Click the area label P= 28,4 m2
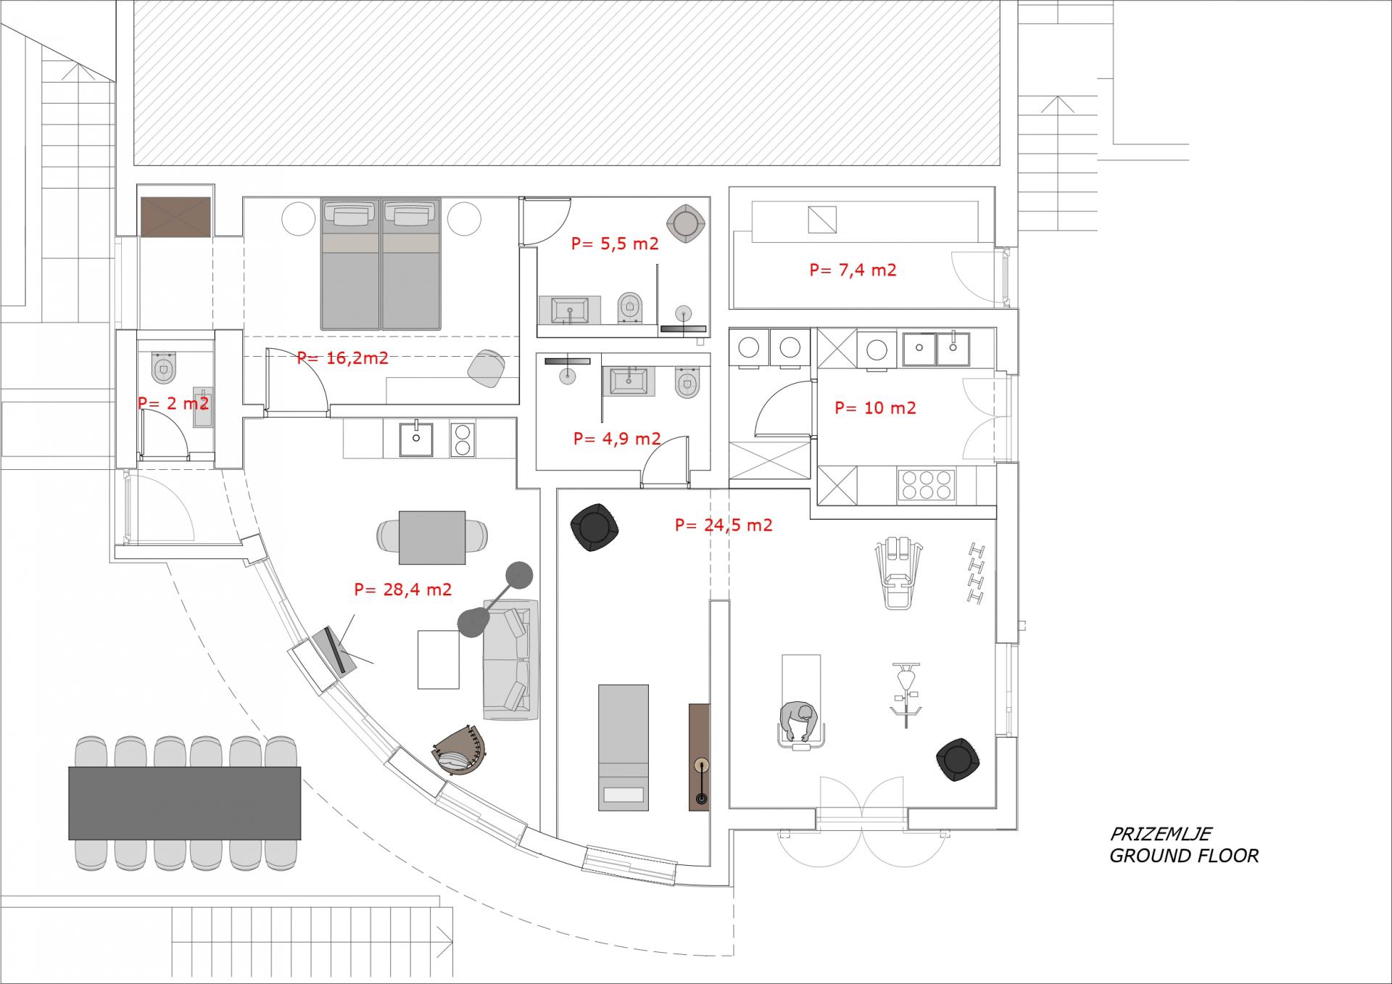(x=402, y=590)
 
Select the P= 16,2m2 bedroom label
(x=342, y=357)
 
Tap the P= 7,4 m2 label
(x=853, y=270)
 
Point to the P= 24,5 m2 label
(x=724, y=524)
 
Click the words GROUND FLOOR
(x=1184, y=856)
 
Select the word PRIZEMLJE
(x=1161, y=834)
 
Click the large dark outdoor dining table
(x=184, y=803)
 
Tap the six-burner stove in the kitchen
(x=927, y=485)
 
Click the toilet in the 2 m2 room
(x=165, y=367)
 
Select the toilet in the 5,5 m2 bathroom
(x=630, y=307)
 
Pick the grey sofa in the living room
(x=511, y=659)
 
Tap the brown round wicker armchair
(x=463, y=749)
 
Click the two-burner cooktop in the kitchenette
(x=462, y=439)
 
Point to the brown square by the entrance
(x=175, y=217)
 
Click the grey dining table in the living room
(x=432, y=537)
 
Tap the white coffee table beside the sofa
(x=439, y=659)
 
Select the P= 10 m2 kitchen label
(x=875, y=408)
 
